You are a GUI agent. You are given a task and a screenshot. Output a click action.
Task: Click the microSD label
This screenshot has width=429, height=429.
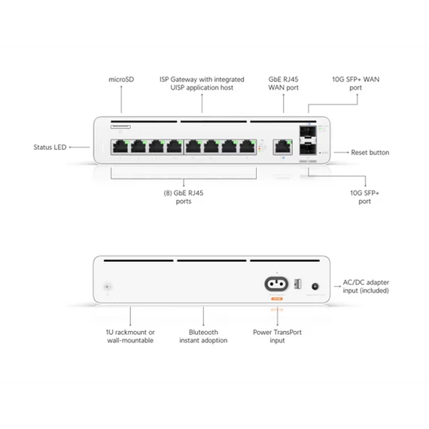pos(120,79)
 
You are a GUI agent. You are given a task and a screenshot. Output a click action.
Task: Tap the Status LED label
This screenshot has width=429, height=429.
pos(50,148)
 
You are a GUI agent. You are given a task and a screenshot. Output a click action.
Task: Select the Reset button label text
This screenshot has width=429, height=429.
pos(370,152)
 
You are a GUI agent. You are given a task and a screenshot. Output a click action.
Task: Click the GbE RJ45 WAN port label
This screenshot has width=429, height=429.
pos(283,83)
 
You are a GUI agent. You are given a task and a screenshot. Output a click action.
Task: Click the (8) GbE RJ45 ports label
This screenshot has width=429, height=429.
pos(184,197)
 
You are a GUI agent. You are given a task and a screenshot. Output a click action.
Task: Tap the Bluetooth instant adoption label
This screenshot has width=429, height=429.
pos(203,336)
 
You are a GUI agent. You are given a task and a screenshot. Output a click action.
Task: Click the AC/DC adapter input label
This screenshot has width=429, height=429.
pos(366,287)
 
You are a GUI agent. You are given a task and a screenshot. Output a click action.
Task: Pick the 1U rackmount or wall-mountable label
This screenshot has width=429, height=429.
pos(130,336)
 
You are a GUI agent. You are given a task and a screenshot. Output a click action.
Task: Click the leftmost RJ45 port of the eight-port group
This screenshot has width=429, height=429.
pos(120,146)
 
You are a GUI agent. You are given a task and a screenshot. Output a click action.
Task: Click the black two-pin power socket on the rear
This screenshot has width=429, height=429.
pos(275,285)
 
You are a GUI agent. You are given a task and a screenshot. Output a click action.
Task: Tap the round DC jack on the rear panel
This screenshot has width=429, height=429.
pos(315,286)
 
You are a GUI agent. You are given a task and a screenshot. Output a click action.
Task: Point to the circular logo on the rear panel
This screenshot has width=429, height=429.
pos(108,288)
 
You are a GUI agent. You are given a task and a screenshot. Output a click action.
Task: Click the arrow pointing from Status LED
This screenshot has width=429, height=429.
pos(73,148)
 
